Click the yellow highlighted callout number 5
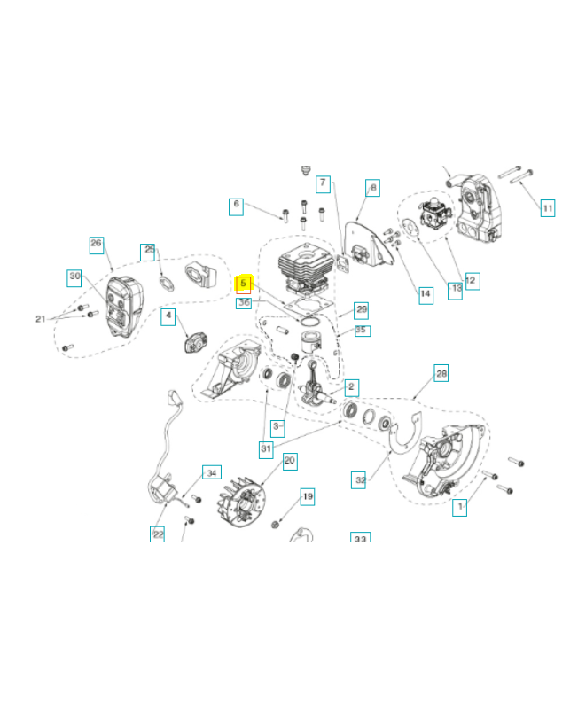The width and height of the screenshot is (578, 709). tap(243, 284)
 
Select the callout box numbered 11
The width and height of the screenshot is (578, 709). tap(548, 208)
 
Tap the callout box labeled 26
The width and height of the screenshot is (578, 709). tap(97, 245)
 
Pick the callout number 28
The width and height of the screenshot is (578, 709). tap(441, 373)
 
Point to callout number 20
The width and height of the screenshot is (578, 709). tap(290, 461)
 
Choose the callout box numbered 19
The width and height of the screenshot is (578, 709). tap(308, 496)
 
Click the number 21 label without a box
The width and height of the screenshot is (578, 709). tap(40, 319)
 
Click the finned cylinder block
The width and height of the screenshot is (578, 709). tap(306, 270)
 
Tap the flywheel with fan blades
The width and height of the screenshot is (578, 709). tap(241, 502)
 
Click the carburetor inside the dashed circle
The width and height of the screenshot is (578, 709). tap(433, 214)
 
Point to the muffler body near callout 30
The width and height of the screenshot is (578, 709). tap(124, 306)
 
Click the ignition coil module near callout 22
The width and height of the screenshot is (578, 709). tap(162, 488)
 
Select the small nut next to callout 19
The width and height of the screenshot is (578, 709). tap(275, 525)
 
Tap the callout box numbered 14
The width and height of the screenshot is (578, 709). tap(426, 295)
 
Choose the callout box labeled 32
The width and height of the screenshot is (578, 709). tap(359, 480)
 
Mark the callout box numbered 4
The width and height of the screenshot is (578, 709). tap(168, 316)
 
